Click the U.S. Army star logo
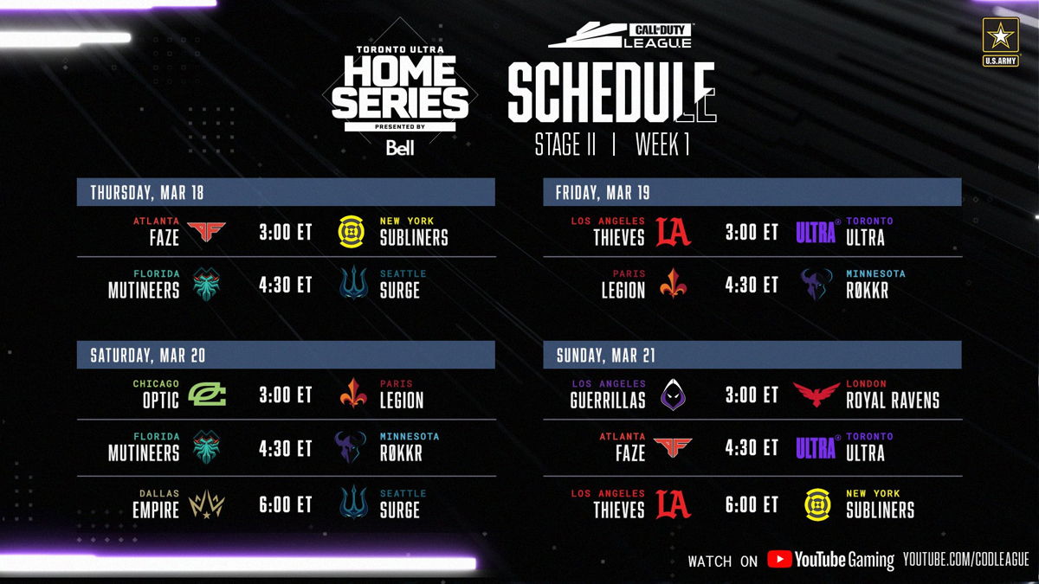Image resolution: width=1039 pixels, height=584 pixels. click(1000, 42)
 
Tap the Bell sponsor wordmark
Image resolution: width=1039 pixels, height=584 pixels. click(400, 148)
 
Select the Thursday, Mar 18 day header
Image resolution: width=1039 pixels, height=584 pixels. click(147, 192)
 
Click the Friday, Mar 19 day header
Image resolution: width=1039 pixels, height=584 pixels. click(603, 192)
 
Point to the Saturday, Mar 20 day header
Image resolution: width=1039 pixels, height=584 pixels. click(147, 356)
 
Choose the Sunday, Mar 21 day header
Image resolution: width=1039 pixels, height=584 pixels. click(606, 356)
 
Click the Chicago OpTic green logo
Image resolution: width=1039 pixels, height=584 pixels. click(207, 395)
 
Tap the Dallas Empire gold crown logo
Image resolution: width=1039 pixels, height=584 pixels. click(207, 504)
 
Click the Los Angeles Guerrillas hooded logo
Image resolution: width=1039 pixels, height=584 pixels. click(673, 395)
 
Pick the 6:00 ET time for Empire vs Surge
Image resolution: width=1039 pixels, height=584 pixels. click(285, 504)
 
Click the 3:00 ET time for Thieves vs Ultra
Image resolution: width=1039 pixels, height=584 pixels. click(752, 232)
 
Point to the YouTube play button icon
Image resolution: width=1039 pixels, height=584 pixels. click(779, 559)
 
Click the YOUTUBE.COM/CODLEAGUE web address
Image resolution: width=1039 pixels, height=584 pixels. click(966, 560)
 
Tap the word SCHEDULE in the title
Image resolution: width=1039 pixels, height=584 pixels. click(612, 93)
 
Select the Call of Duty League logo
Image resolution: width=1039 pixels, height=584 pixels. click(621, 35)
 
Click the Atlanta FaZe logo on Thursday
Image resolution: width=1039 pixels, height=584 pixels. click(206, 231)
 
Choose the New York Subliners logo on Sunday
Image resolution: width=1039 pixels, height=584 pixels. click(817, 504)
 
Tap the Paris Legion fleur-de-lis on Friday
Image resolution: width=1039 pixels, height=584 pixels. click(673, 284)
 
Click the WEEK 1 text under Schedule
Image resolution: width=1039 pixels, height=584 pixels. click(662, 145)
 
